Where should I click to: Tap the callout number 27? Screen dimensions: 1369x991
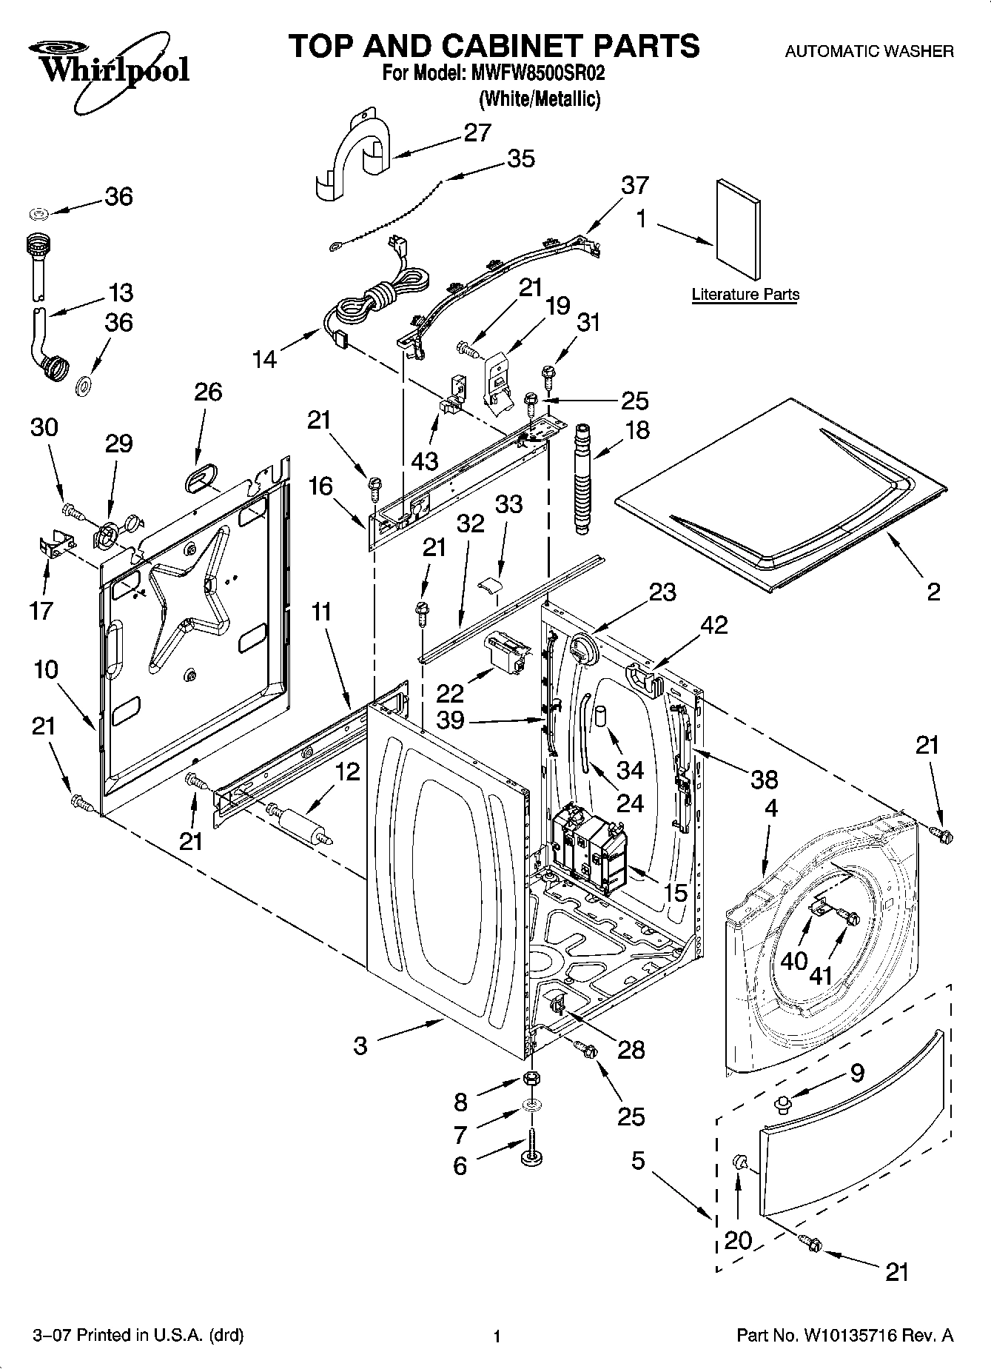coord(477,133)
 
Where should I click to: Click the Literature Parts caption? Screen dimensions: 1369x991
coord(745,295)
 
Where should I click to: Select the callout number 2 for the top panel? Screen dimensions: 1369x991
coord(933,591)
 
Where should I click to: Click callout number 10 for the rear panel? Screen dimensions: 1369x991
coord(45,670)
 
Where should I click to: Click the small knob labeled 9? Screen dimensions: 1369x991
coord(779,1105)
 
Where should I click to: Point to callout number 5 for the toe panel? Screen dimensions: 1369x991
coord(638,1160)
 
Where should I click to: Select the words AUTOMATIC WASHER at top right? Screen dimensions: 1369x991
coord(869,52)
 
